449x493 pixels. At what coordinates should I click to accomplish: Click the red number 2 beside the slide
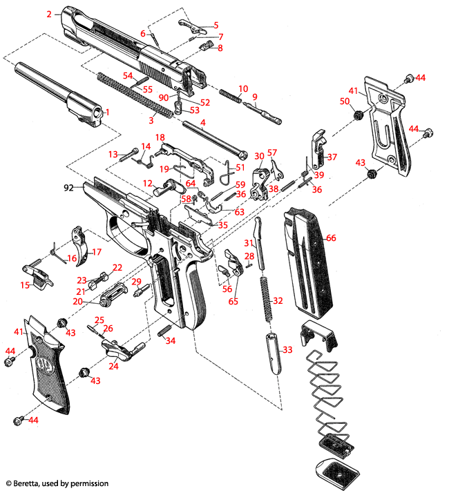[x=49, y=14]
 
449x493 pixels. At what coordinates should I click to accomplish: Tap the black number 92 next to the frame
[x=68, y=186]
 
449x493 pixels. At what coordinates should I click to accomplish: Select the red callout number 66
[x=331, y=238]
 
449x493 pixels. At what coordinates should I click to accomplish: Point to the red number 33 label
[x=287, y=351]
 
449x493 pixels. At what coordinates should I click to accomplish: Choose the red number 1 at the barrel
[x=106, y=112]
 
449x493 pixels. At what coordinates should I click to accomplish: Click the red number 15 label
[x=25, y=285]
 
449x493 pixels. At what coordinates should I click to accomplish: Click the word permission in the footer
[x=89, y=484]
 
